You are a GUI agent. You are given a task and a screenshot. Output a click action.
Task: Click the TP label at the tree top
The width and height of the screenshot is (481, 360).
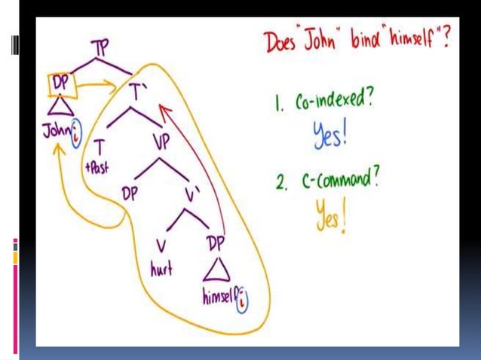(x=100, y=48)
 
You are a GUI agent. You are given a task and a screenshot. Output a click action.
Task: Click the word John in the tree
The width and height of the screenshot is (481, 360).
(x=54, y=133)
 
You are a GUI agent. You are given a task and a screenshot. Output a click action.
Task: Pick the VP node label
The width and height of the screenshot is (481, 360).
(x=161, y=140)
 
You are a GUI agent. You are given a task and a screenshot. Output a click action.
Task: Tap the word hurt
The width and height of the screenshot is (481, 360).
(x=161, y=267)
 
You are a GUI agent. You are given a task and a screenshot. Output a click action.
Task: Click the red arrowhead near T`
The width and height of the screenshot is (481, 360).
(x=162, y=111)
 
